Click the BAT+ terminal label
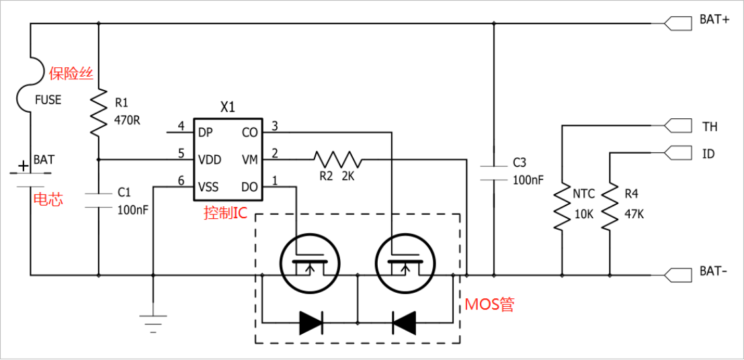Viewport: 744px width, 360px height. click(714, 19)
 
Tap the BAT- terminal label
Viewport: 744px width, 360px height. click(714, 272)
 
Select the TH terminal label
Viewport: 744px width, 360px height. click(710, 127)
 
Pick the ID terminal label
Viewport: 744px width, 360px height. click(708, 154)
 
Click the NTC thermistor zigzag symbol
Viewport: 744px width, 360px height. click(562, 208)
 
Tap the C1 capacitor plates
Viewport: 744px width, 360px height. click(99, 199)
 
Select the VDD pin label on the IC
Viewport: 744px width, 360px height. click(210, 160)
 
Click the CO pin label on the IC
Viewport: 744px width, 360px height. click(249, 132)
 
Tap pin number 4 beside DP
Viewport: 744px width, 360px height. click(180, 126)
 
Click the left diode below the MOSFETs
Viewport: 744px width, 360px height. click(311, 322)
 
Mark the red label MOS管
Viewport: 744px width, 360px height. click(489, 304)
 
